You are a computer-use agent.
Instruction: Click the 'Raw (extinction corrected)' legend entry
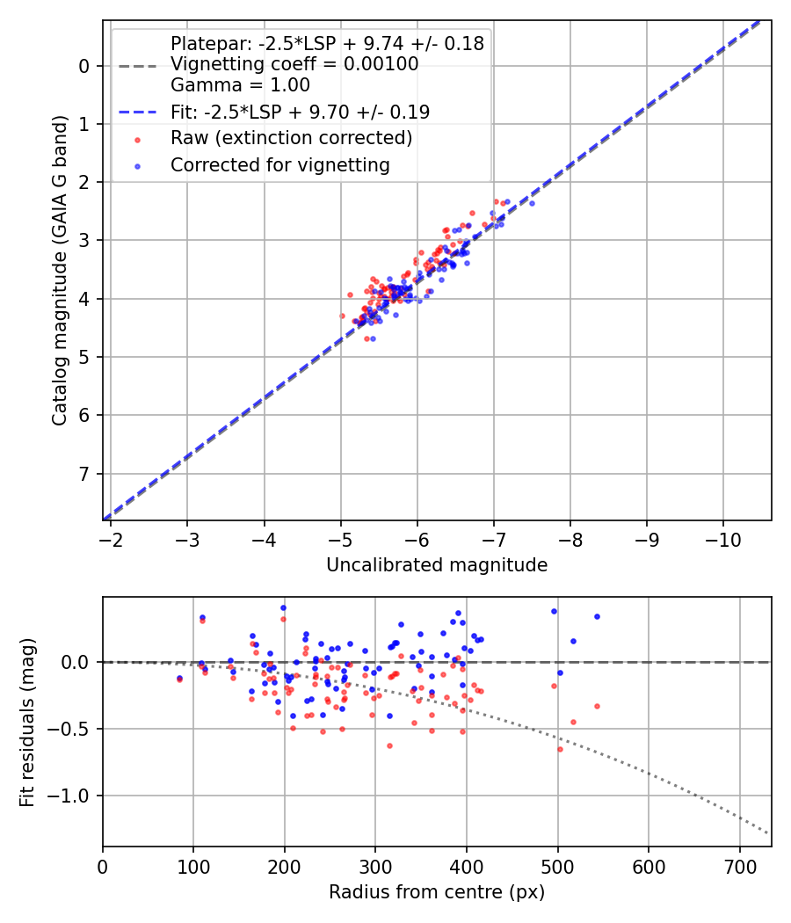coord(291,138)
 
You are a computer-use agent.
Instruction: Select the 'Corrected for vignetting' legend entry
coord(279,164)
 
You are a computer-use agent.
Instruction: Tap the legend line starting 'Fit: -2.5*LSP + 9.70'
coord(300,113)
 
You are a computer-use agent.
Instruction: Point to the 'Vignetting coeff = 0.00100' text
coord(294,64)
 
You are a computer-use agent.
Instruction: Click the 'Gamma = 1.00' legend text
coord(240,85)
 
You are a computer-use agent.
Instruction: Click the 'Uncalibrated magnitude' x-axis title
coord(437,565)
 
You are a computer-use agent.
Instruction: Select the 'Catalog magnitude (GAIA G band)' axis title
coord(60,270)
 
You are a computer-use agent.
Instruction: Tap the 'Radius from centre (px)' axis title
coord(437,892)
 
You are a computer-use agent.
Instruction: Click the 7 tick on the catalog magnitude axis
coord(84,474)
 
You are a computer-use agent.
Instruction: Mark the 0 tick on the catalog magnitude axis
coord(84,66)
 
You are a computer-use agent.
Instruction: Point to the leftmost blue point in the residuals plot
coord(179,678)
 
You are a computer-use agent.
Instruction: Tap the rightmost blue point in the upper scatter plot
coord(532,203)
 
